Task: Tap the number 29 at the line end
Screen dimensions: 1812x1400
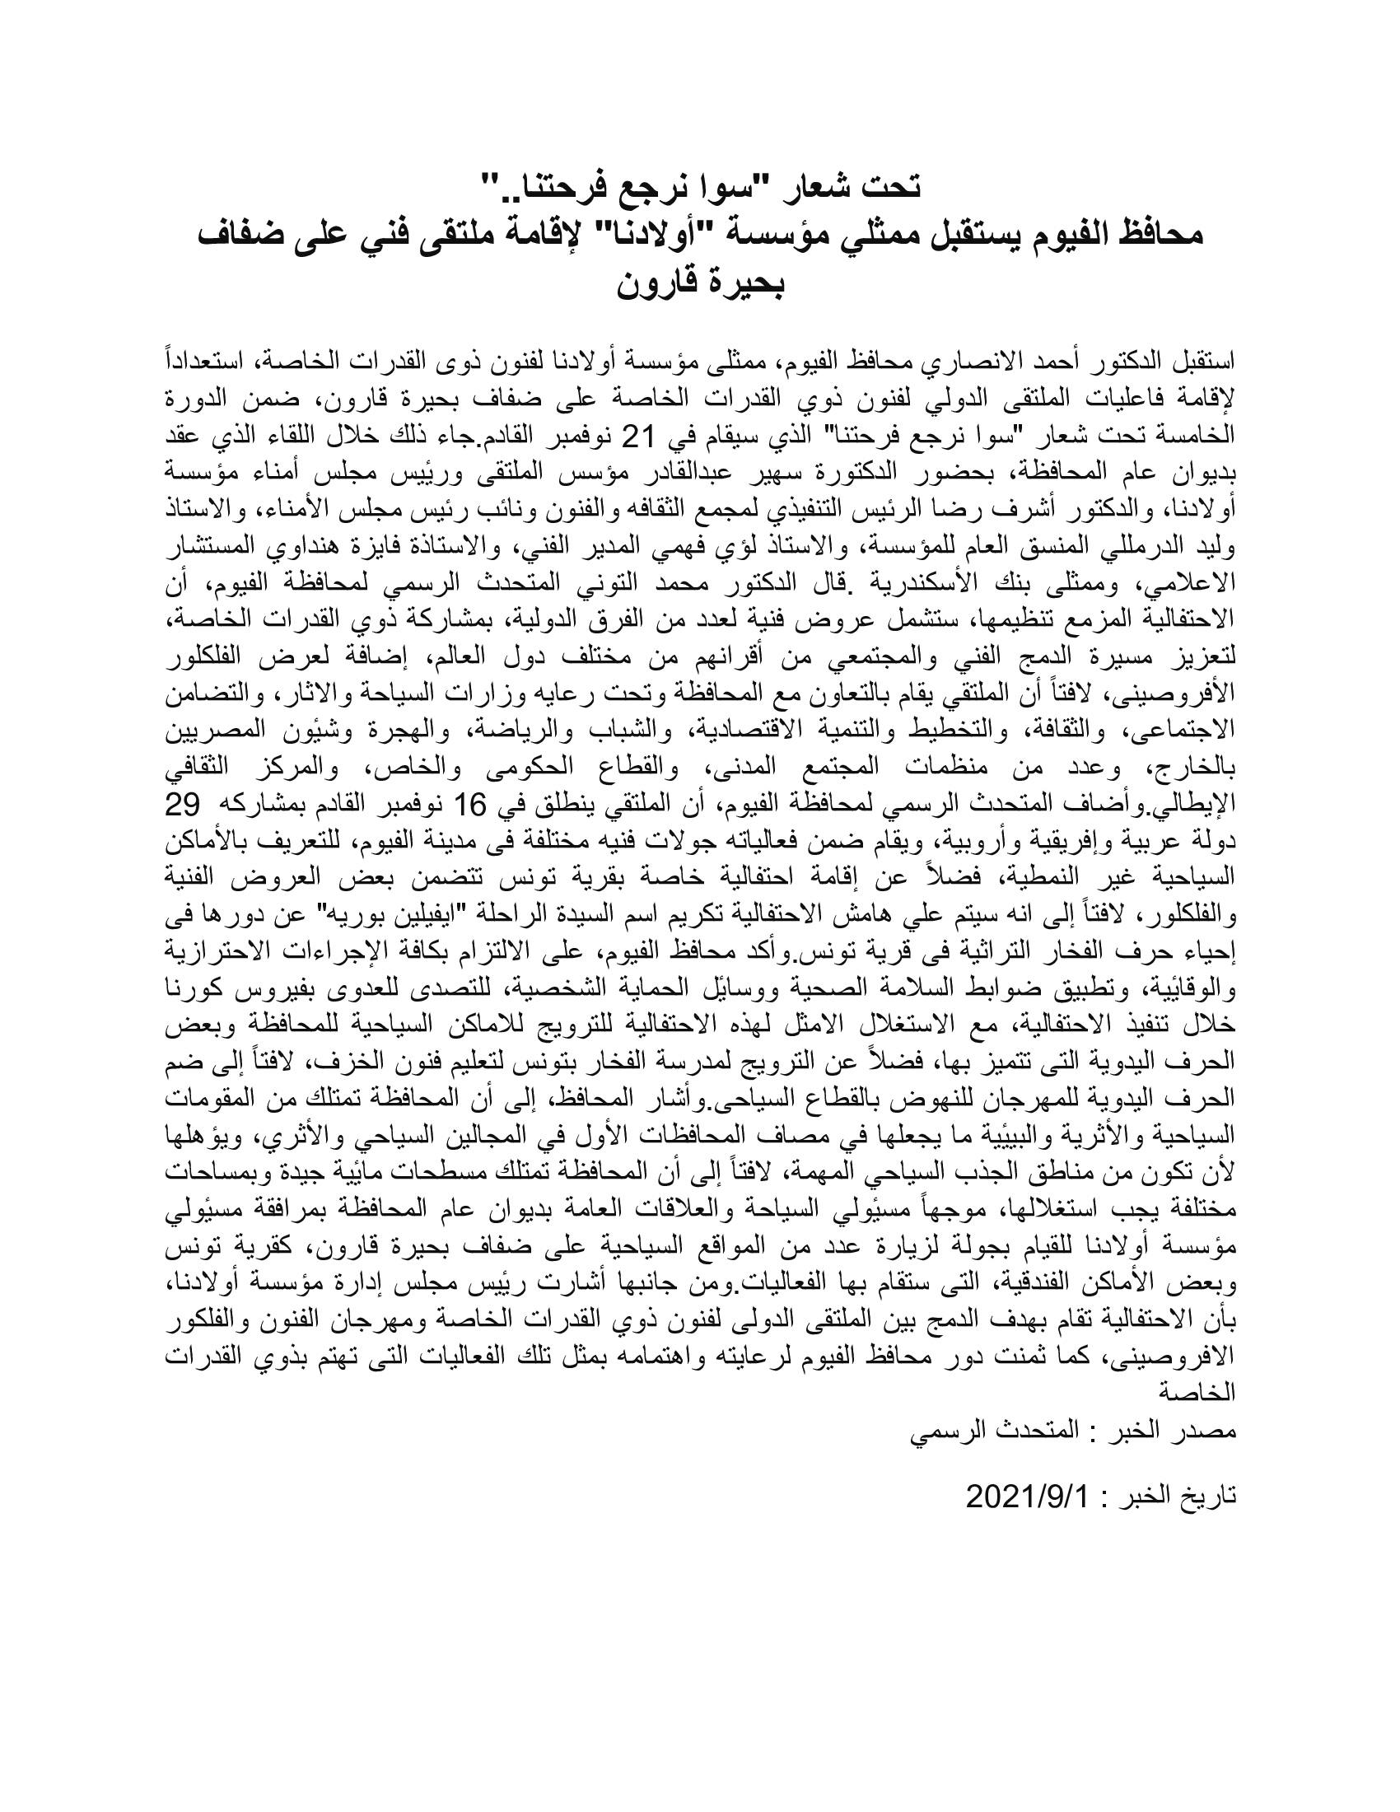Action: coord(1216,806)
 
